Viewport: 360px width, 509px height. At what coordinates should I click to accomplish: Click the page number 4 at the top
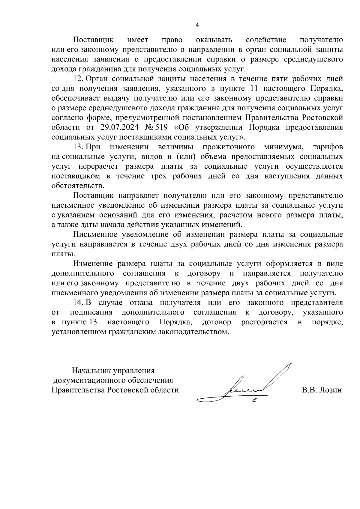point(197,25)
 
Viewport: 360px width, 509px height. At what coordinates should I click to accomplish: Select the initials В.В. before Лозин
point(308,390)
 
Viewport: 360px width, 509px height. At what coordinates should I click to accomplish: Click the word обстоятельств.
point(78,186)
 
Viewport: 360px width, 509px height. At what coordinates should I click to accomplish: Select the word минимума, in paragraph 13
point(284,147)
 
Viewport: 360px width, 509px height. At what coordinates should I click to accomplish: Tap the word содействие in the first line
point(266,40)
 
